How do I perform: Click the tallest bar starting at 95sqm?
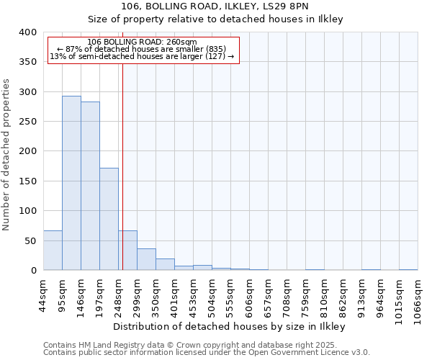(x=71, y=183)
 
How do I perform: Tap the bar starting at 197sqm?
(x=109, y=219)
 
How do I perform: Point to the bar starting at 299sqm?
(x=146, y=259)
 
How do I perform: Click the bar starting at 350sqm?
(x=165, y=264)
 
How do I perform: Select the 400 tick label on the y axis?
(x=27, y=32)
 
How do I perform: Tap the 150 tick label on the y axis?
(x=27, y=181)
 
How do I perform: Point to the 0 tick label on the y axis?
(x=33, y=271)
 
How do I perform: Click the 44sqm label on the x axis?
(x=48, y=294)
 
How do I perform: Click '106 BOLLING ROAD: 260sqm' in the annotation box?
(x=136, y=42)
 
